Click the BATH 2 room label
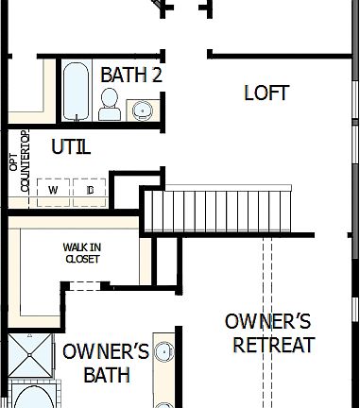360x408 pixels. [x=131, y=74]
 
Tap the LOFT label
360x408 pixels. [x=266, y=93]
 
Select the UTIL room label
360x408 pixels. [x=72, y=146]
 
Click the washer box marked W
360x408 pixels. [x=53, y=190]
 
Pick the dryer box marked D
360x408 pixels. [x=89, y=190]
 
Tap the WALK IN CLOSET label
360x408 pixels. [x=82, y=252]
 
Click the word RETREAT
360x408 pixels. [x=273, y=345]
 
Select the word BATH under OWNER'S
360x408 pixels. [x=107, y=375]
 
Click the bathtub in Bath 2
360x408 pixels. [x=76, y=91]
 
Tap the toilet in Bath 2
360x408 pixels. [x=110, y=104]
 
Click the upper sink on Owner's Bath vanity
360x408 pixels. [x=164, y=352]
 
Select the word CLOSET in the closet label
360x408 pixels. [x=82, y=259]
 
